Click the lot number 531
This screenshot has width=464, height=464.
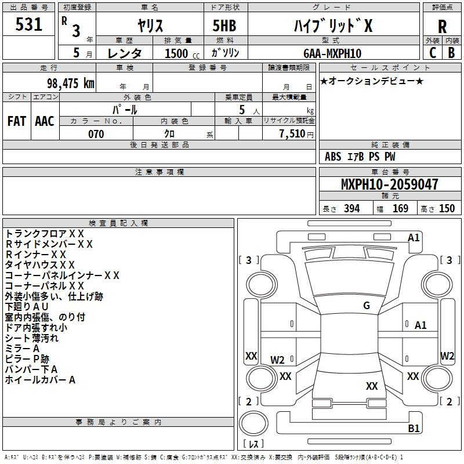[x=28, y=24]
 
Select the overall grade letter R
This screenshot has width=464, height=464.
[x=442, y=27]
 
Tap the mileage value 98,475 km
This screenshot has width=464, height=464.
[x=71, y=84]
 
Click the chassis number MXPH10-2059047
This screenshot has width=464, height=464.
[x=390, y=184]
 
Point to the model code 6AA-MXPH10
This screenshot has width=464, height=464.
[x=332, y=53]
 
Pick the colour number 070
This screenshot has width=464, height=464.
[x=96, y=134]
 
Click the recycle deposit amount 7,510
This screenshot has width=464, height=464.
[x=292, y=134]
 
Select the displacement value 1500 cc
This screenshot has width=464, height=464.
[x=182, y=53]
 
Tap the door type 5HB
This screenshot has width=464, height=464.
[x=224, y=26]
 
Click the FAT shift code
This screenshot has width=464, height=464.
[x=17, y=121]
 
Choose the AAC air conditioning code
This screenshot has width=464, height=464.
[x=45, y=121]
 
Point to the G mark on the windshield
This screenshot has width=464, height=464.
[x=367, y=306]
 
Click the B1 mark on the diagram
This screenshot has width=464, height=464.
[x=414, y=428]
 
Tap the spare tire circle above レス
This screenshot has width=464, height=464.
[x=253, y=423]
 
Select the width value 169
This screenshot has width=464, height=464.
[x=400, y=209]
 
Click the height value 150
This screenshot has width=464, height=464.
[x=447, y=209]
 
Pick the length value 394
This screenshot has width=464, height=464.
[x=352, y=209]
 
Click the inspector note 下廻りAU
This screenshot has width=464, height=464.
[x=27, y=307]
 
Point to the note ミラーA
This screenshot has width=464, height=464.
[x=22, y=349]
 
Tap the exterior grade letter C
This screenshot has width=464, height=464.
[x=433, y=53]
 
